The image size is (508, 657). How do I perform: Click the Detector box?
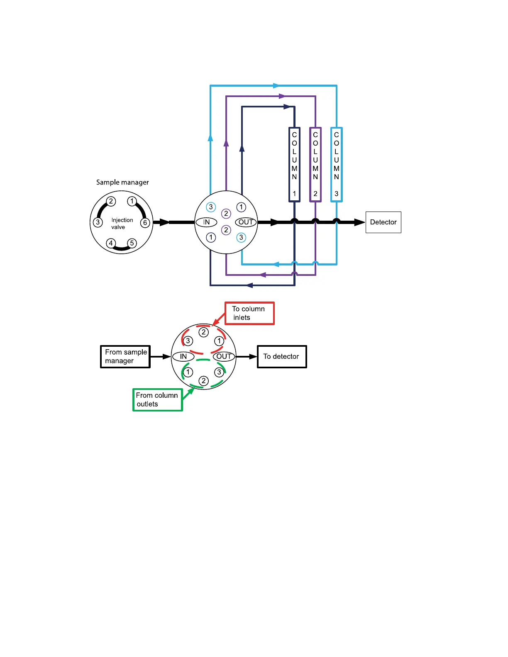pyautogui.click(x=383, y=222)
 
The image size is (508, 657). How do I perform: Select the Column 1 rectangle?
pyautogui.click(x=294, y=165)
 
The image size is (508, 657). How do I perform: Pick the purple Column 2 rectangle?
pyautogui.click(x=315, y=165)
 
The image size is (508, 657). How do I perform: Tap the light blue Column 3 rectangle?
pyautogui.click(x=337, y=165)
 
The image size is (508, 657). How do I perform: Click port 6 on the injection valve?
pyautogui.click(x=145, y=223)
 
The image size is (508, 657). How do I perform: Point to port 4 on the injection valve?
pyautogui.click(x=111, y=243)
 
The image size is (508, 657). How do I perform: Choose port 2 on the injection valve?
pyautogui.click(x=111, y=202)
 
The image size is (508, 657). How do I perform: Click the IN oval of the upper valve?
pyautogui.click(x=206, y=222)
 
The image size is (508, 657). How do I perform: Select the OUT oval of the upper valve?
pyautogui.click(x=246, y=222)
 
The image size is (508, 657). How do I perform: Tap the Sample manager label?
pyautogui.click(x=122, y=182)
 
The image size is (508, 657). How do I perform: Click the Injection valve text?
pyautogui.click(x=122, y=224)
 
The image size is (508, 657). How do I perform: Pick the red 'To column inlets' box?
pyautogui.click(x=249, y=313)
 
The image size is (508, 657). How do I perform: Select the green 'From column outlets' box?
pyautogui.click(x=157, y=400)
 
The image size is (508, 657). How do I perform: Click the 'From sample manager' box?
pyautogui.click(x=125, y=357)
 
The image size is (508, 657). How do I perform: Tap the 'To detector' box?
pyautogui.click(x=282, y=357)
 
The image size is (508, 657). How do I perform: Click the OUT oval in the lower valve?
pyautogui.click(x=224, y=356)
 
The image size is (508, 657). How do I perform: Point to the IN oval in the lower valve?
pyautogui.click(x=183, y=356)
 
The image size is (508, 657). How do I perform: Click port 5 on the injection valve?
pyautogui.click(x=132, y=243)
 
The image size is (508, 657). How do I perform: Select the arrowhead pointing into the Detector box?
pyautogui.click(x=359, y=222)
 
